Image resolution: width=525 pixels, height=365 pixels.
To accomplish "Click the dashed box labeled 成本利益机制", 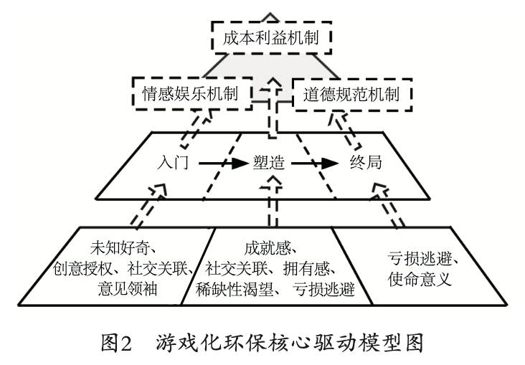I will tap(270, 37).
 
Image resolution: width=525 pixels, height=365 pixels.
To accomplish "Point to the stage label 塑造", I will tap(268, 163).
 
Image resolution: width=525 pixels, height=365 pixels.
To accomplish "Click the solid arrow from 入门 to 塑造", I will tap(220, 163).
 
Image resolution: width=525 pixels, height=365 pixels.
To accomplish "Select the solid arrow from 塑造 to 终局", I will tap(314, 163).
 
